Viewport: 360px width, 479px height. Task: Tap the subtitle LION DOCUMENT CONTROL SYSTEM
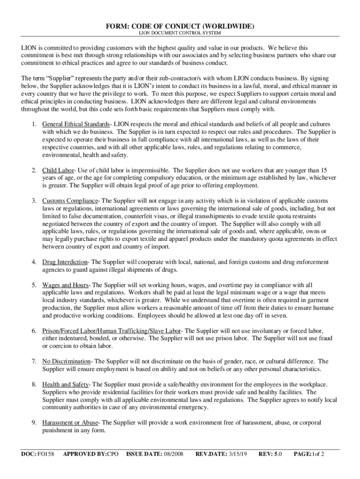click(x=180, y=34)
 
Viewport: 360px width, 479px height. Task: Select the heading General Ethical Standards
click(x=75, y=124)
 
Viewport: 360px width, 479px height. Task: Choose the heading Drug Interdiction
click(x=65, y=262)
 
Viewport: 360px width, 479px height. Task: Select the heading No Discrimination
click(x=66, y=361)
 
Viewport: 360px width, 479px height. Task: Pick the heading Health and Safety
click(x=65, y=385)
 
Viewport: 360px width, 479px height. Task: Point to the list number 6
click(x=34, y=331)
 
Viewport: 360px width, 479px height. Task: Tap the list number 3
click(x=34, y=201)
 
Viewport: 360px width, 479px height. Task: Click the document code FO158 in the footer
click(x=46, y=454)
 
